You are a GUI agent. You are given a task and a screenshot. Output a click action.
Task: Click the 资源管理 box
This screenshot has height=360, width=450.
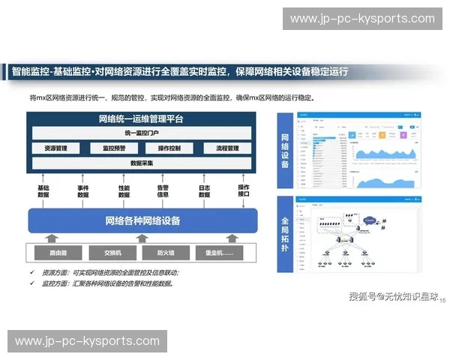(56, 148)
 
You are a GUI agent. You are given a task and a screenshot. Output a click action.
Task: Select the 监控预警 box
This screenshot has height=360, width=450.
(114, 148)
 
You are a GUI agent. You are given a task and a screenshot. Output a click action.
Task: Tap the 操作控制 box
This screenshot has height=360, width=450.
(169, 148)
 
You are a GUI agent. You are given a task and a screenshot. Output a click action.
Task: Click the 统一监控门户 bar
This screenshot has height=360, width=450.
(142, 133)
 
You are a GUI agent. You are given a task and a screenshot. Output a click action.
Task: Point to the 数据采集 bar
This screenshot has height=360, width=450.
(142, 163)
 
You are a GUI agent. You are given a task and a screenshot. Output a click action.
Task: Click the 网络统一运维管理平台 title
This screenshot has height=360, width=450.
(142, 119)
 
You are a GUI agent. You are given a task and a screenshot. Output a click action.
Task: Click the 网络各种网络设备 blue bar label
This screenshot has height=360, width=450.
(142, 220)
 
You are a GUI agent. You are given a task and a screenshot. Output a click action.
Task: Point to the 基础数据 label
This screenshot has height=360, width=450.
(43, 191)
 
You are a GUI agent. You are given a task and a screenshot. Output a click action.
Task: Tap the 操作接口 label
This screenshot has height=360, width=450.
(244, 190)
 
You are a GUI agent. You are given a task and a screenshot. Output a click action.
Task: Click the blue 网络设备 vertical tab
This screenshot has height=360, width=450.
(285, 151)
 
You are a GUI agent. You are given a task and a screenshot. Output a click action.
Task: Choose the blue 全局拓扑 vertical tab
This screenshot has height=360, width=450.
(285, 234)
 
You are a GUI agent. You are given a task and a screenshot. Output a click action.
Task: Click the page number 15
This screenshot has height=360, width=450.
(442, 300)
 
